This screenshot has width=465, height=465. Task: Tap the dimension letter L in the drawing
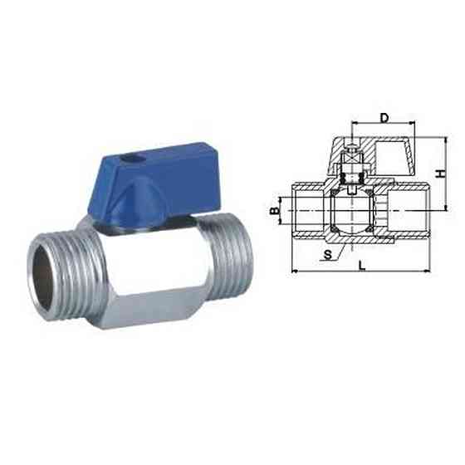click(363, 265)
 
